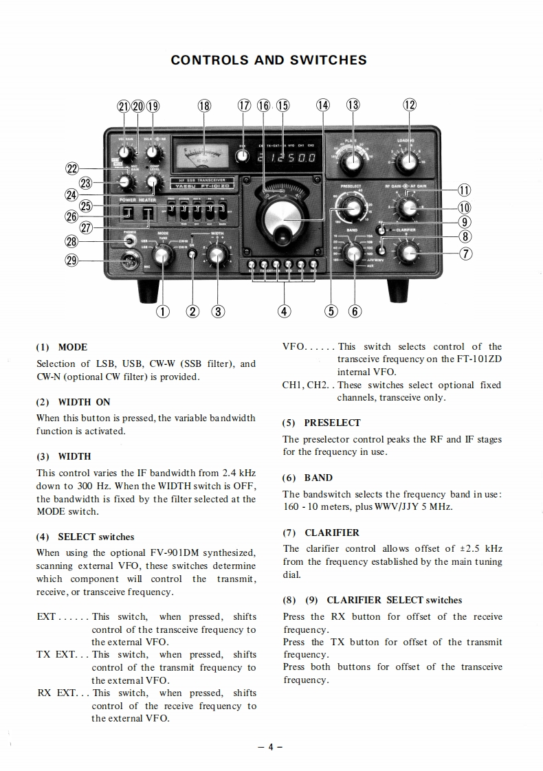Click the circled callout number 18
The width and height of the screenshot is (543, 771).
click(x=204, y=106)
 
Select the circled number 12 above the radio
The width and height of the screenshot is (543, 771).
click(x=410, y=105)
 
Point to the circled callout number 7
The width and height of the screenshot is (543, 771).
click(x=465, y=253)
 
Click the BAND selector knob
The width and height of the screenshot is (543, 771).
click(x=353, y=254)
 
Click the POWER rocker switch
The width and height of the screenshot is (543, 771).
click(x=127, y=214)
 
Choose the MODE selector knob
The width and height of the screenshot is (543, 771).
click(x=162, y=256)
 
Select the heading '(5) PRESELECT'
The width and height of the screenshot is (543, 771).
click(x=321, y=423)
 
